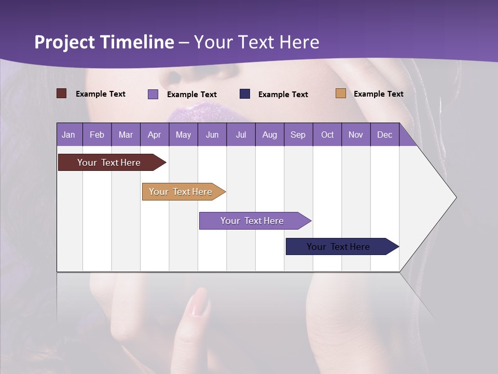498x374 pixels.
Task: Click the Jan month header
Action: (x=69, y=135)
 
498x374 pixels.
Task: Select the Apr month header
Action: (x=155, y=135)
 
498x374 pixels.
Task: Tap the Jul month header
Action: (x=241, y=135)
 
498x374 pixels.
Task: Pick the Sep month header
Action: (x=298, y=135)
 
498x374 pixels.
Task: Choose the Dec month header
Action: (x=384, y=135)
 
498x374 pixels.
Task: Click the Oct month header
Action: (x=327, y=135)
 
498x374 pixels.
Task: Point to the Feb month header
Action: (x=97, y=135)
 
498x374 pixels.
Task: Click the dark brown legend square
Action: (x=62, y=94)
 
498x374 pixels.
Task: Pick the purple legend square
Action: (x=153, y=94)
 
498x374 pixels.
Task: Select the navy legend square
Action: (x=245, y=94)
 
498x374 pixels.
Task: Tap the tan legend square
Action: (x=341, y=94)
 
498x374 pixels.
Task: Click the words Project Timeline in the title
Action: (x=104, y=42)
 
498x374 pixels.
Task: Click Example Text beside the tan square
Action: (x=378, y=94)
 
